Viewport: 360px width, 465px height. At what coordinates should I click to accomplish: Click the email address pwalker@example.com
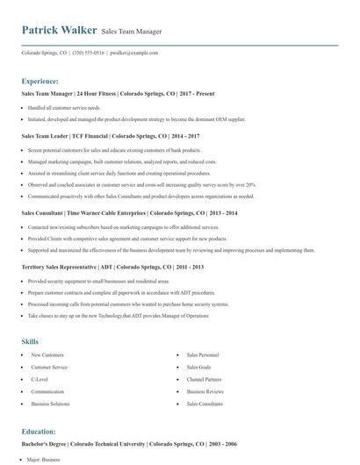133,53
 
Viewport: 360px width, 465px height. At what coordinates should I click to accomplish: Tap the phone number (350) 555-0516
89,53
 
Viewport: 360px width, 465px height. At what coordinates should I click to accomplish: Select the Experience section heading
40,80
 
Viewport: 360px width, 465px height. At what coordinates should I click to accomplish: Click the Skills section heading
30,340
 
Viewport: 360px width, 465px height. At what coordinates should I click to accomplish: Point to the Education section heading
39,432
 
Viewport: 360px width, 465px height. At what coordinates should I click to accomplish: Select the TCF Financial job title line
110,137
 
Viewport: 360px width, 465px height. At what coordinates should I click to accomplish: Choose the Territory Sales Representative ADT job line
112,266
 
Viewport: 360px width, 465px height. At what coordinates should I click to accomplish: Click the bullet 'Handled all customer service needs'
66,108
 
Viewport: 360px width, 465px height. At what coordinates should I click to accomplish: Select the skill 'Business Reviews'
205,391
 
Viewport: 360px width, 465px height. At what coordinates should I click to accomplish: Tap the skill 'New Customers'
47,354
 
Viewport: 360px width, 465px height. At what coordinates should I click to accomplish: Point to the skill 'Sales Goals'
198,367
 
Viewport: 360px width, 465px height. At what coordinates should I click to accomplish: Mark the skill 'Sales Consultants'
205,404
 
